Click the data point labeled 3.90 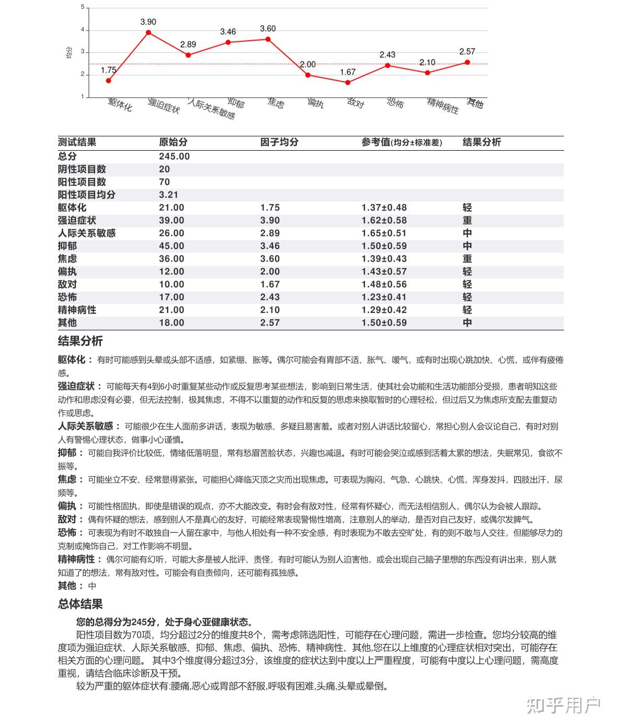click(148, 32)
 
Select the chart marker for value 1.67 click(348, 82)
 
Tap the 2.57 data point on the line click(467, 62)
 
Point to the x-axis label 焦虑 click(276, 103)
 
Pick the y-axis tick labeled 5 click(82, 7)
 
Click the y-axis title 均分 click(69, 52)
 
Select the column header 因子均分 click(279, 142)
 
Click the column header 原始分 click(173, 142)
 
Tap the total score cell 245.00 click(174, 157)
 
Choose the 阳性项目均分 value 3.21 click(168, 195)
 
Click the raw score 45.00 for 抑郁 click(172, 246)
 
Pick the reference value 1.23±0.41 click(384, 297)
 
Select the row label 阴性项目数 click(82, 169)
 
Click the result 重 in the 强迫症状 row click(467, 220)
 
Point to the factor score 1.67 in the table click(270, 284)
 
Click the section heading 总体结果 click(80, 604)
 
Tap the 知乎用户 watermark click(563, 706)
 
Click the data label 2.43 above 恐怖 click(387, 54)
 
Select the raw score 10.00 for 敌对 click(172, 284)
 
